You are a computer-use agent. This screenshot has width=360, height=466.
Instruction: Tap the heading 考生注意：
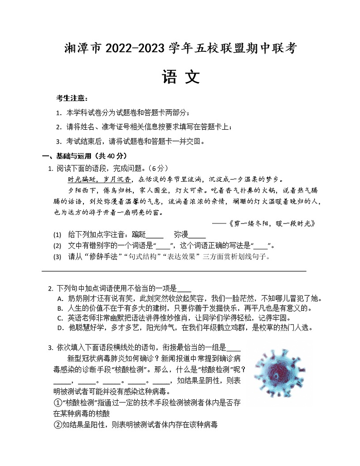coord(72,98)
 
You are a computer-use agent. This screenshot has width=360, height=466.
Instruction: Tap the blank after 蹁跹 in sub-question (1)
coord(155,235)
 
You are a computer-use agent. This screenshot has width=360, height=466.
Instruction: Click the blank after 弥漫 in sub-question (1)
coord(197,235)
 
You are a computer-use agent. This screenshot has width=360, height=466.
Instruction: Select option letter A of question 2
coord(60,298)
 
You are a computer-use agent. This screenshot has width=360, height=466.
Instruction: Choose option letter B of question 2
coord(60,308)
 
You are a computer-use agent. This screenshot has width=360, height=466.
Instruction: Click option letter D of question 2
coord(60,328)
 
